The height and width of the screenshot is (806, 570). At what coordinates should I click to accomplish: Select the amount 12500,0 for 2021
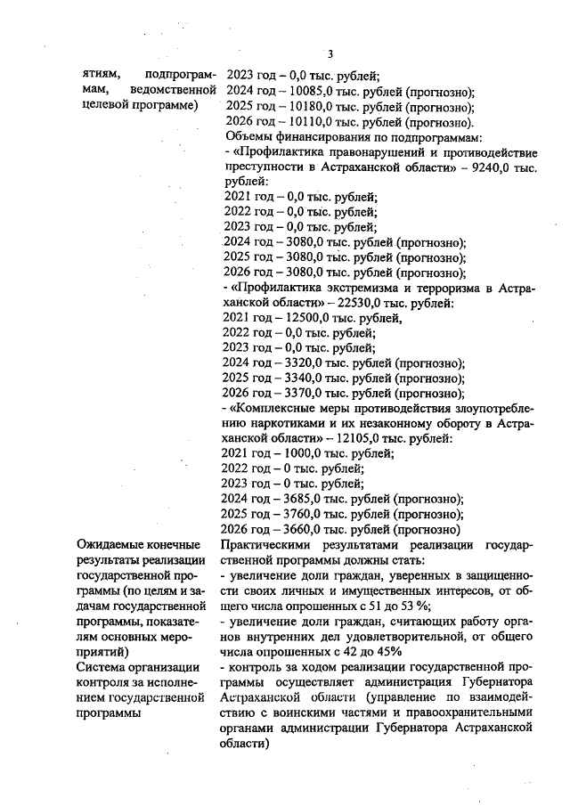(x=302, y=318)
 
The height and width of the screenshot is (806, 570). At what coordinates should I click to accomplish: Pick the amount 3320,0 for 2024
(x=299, y=363)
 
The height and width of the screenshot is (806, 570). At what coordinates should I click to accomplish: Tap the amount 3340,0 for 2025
(x=299, y=379)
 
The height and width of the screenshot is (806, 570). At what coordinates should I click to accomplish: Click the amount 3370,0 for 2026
(x=299, y=394)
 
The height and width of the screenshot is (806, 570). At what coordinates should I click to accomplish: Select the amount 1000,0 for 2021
(x=298, y=454)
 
